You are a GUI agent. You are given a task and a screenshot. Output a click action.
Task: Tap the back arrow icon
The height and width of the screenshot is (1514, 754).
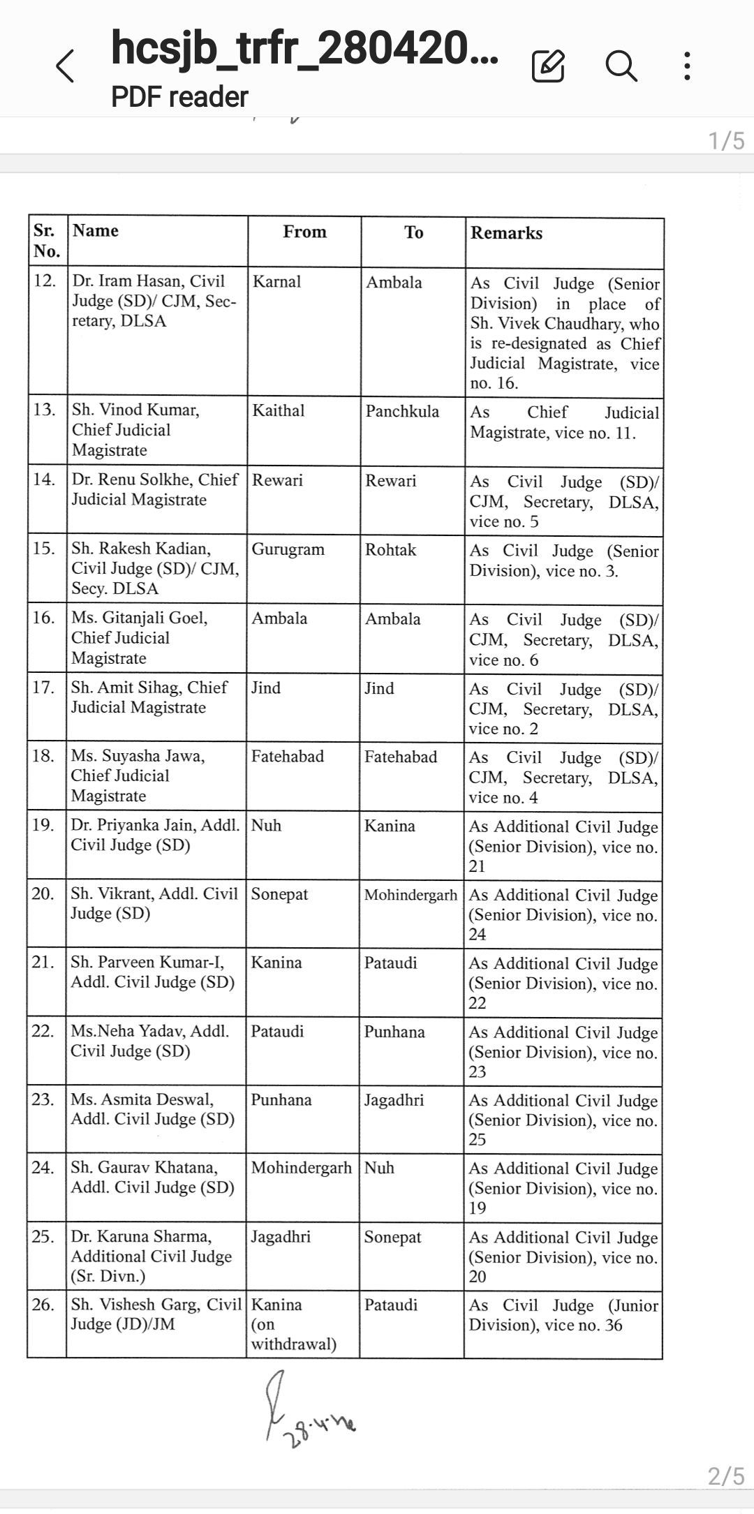pos(65,67)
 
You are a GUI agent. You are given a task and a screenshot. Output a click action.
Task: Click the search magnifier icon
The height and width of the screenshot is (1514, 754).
pos(621,66)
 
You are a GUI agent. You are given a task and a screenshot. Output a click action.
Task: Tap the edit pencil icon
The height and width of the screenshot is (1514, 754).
pos(548,66)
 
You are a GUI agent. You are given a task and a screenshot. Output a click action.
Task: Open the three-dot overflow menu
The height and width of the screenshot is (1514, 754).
pos(688,66)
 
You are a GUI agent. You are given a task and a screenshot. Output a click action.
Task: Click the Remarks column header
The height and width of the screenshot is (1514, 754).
pos(506,233)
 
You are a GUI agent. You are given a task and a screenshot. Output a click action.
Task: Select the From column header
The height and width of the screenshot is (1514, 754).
pos(304,232)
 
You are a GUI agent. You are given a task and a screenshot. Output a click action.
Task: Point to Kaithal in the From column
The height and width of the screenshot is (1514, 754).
pos(279,410)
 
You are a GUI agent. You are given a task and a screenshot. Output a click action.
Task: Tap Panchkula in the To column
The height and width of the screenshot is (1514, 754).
pos(402,411)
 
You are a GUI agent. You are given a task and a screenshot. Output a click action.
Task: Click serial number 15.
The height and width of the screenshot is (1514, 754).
pos(44,549)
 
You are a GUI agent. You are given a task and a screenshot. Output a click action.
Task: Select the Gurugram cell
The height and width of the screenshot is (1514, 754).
pos(288,549)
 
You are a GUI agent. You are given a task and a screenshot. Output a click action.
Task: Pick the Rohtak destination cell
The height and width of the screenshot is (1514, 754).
pos(390,550)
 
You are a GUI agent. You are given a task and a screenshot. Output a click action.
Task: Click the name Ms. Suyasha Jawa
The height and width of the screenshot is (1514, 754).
pos(138,756)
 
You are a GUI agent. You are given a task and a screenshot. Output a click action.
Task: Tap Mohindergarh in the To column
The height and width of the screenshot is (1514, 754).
pos(411,895)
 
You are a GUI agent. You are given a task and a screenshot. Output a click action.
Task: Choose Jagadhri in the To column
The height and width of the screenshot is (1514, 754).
pos(394,1100)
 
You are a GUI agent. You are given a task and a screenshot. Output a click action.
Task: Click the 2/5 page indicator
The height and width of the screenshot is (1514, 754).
pos(726,1476)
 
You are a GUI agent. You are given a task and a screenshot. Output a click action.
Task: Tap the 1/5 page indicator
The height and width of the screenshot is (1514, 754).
pos(726,141)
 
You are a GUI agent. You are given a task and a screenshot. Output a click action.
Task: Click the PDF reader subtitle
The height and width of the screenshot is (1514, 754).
pos(179,97)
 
